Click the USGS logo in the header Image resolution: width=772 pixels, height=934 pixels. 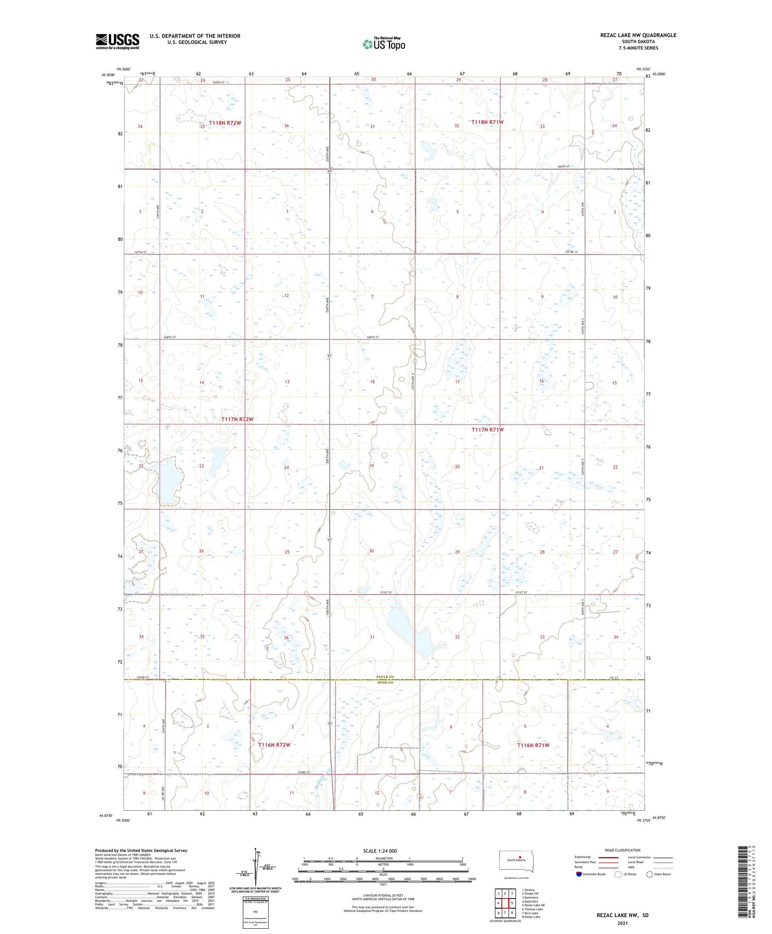(117, 41)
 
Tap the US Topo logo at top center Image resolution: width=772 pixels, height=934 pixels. (384, 44)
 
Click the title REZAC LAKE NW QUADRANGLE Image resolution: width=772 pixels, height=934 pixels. (638, 35)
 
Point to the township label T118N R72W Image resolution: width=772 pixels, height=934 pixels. (225, 123)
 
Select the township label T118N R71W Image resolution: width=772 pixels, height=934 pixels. (487, 122)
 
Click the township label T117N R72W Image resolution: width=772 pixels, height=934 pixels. (237, 419)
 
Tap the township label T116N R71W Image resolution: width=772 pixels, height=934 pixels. (533, 745)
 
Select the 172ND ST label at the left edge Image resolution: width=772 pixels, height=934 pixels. (143, 677)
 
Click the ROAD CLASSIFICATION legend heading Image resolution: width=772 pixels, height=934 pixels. (623, 850)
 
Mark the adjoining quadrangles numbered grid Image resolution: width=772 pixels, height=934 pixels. (505, 904)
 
